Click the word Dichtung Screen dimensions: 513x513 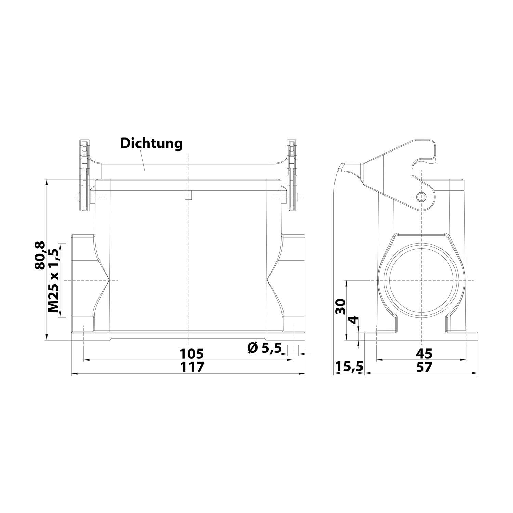tap(151, 143)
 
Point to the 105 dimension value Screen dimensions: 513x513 tap(192, 353)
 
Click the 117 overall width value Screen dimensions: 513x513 tap(192, 367)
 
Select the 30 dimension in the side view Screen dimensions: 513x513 tap(341, 306)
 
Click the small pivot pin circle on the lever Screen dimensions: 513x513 tap(421, 196)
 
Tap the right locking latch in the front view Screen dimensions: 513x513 tap(291, 176)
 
